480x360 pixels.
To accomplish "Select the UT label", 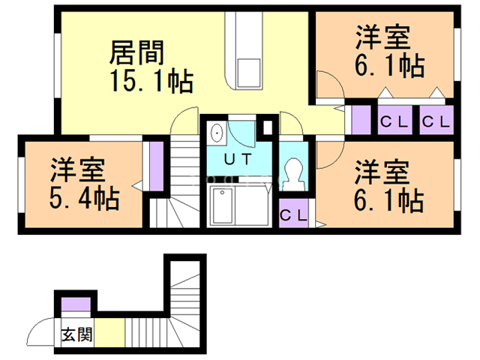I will tap(238, 159).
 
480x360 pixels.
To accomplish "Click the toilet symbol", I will tap(294, 174).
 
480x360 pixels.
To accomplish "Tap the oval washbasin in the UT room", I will tap(217, 133).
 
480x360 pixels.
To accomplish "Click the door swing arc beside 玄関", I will tap(39, 330).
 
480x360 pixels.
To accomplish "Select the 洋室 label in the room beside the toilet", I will tap(382, 170).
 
